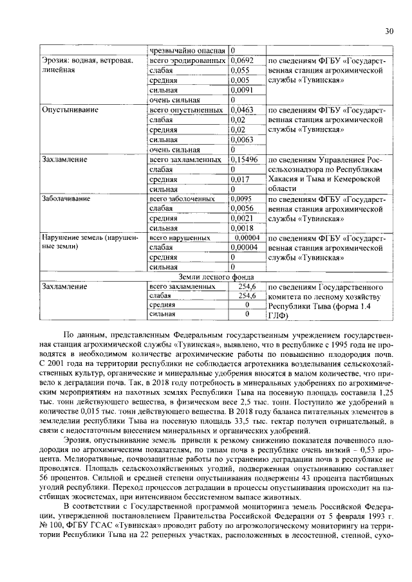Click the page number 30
point(389,31)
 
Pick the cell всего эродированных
point(187,60)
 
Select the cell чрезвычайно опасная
point(187,50)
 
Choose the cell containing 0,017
point(239,179)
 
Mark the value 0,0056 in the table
point(241,209)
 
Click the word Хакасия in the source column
point(285,179)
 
